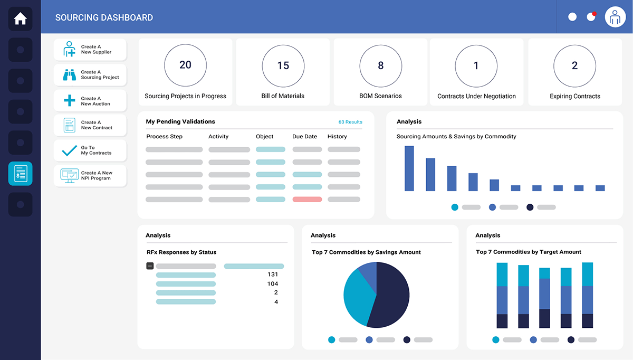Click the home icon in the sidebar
click(20, 19)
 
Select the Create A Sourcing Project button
click(90, 75)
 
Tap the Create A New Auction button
click(90, 101)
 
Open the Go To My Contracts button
click(90, 150)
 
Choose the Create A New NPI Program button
click(90, 176)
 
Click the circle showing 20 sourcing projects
click(185, 65)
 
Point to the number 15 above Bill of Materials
click(283, 65)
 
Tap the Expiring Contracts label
click(575, 96)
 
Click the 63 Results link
click(350, 122)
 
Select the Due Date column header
click(304, 136)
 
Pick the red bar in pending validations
click(307, 200)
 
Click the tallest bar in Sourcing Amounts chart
click(409, 168)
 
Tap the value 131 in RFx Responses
click(273, 274)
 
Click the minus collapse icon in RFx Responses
click(150, 266)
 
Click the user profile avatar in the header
click(615, 17)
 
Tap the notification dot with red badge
click(591, 17)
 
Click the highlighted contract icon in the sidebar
click(20, 174)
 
